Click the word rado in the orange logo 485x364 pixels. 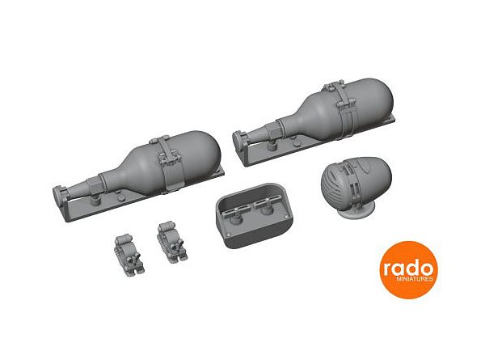(x=408, y=269)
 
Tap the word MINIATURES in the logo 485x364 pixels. (x=415, y=279)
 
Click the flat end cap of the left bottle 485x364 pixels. (x=58, y=195)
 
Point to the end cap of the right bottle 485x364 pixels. (x=238, y=139)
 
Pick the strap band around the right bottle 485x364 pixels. (x=344, y=108)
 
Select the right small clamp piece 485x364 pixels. (x=171, y=242)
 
